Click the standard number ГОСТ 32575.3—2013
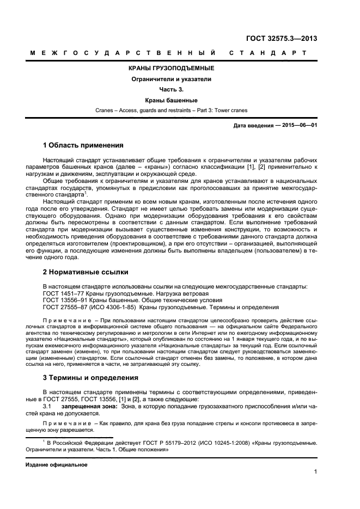(x=282, y=39)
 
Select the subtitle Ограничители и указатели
(x=170, y=79)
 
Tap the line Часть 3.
(x=170, y=89)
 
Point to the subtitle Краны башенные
(x=170, y=100)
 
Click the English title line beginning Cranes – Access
(x=170, y=111)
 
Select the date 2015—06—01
(x=298, y=126)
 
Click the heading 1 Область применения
(x=83, y=145)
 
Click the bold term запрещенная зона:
(x=88, y=406)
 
